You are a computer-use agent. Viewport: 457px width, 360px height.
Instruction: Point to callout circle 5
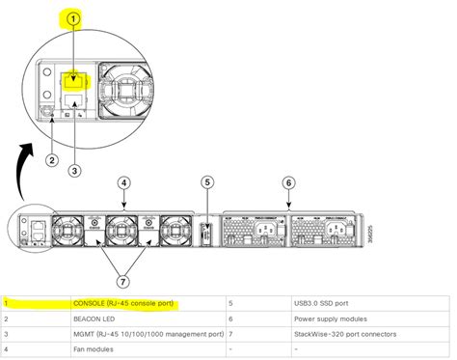205,182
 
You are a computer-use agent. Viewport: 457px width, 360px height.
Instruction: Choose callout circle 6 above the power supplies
290,182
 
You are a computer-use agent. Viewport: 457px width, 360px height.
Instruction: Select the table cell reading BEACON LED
95,318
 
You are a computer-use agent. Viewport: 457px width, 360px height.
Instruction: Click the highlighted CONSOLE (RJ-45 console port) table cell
123,303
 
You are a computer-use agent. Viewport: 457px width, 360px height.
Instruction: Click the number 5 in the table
231,303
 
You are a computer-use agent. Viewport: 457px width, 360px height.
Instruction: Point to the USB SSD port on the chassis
205,235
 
